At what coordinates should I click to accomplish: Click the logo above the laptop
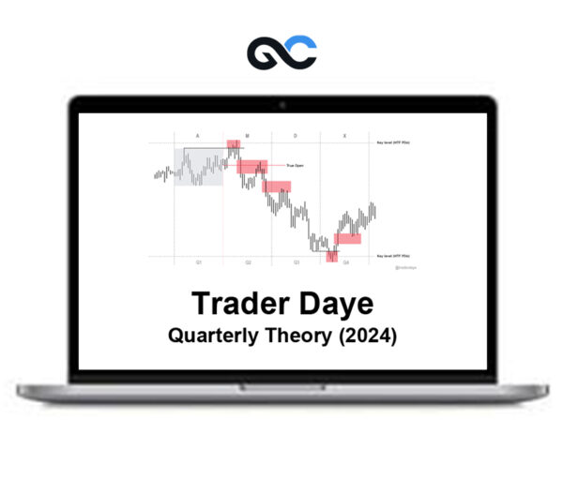click(282, 52)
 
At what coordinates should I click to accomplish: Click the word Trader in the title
click(237, 304)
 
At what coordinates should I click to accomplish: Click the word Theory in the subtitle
click(296, 336)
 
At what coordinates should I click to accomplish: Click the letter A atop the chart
click(198, 136)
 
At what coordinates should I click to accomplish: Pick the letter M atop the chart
click(247, 136)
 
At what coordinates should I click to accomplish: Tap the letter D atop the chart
click(296, 136)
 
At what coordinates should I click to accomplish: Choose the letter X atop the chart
click(344, 136)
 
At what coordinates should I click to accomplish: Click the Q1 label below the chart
click(198, 262)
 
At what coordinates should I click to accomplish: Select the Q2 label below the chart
click(248, 262)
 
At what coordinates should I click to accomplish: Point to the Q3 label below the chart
click(297, 262)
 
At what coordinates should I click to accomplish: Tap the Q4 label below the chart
click(345, 262)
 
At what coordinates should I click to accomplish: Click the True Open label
click(281, 165)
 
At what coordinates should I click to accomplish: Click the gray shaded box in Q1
click(198, 167)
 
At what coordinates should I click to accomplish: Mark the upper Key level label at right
click(393, 142)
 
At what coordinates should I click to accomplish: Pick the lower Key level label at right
click(393, 255)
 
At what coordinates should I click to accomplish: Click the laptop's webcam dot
click(282, 103)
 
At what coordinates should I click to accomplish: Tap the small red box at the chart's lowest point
click(332, 256)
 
